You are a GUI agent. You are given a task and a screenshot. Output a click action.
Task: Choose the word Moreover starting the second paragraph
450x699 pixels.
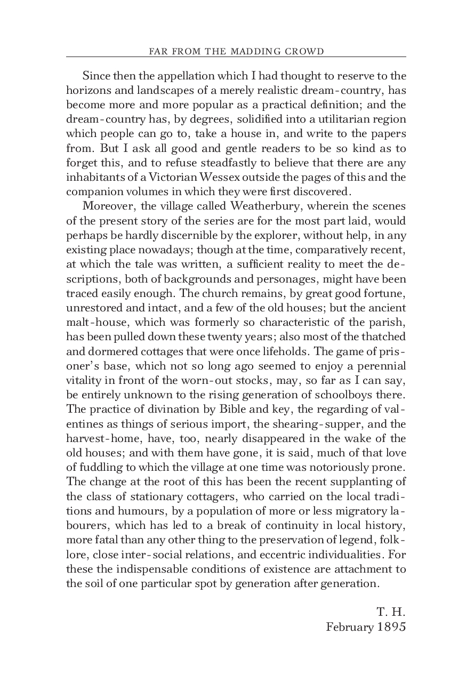click(x=107, y=206)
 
